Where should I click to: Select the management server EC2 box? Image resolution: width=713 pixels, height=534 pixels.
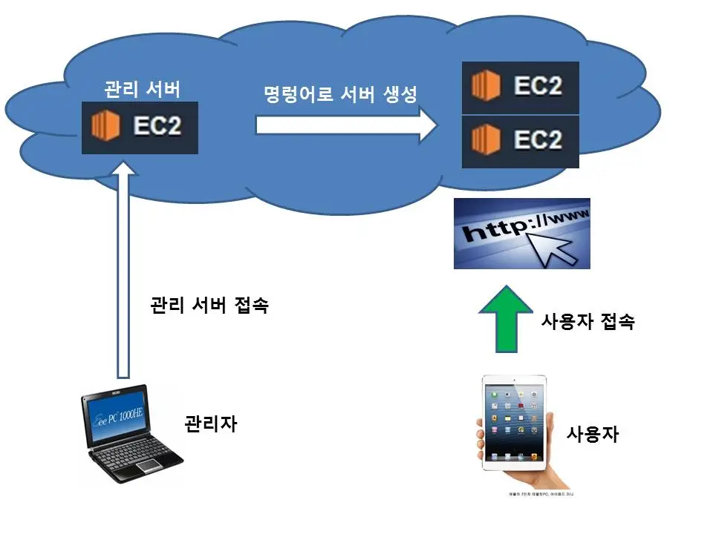(x=140, y=127)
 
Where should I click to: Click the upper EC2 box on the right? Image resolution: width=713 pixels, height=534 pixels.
(x=520, y=88)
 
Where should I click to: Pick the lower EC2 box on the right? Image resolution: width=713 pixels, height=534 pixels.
(x=520, y=140)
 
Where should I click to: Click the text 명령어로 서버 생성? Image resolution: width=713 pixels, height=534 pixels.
(x=340, y=95)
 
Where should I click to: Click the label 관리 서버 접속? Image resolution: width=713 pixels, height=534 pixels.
(x=209, y=306)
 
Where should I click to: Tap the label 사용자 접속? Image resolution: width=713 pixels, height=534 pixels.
(x=586, y=322)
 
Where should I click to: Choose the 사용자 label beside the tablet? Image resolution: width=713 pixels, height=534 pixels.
(x=592, y=433)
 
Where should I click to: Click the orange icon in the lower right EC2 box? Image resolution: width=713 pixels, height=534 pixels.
(x=486, y=140)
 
